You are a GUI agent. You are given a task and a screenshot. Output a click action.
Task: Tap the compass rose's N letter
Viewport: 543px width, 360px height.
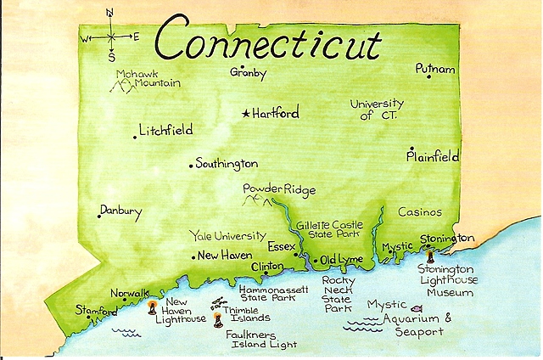pos(110,14)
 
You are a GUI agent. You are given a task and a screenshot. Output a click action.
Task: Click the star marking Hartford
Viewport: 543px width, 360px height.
pos(246,113)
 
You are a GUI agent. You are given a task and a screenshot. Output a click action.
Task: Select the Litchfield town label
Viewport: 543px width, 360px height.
pos(167,131)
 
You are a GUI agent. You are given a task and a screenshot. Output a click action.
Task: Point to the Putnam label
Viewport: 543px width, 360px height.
pos(434,67)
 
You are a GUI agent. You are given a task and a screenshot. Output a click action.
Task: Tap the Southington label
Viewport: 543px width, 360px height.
pos(227,164)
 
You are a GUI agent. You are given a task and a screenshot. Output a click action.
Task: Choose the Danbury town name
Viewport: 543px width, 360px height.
pos(120,211)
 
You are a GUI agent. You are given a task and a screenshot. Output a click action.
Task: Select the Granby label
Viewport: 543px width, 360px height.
pos(248,73)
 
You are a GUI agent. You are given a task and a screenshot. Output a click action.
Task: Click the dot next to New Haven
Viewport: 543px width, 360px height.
pos(193,256)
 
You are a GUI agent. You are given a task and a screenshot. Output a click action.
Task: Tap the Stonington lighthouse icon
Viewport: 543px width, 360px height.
pos(430,256)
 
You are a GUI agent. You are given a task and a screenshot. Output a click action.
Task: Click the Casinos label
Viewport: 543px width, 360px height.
pos(420,212)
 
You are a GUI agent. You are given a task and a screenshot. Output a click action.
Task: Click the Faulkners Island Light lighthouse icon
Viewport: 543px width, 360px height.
pos(218,321)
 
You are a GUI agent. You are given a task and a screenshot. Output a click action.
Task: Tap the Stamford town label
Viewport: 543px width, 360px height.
pos(96,311)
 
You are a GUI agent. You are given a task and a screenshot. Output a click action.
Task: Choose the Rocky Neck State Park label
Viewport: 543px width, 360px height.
pos(339,294)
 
